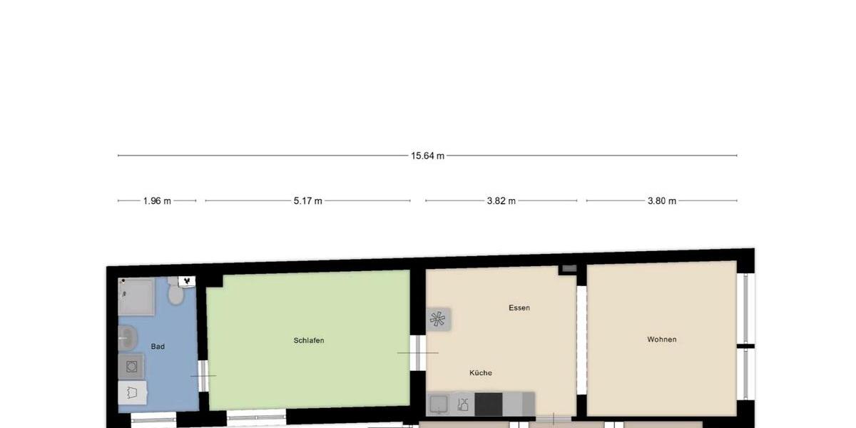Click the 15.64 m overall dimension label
[427, 156]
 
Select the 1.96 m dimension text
[157, 201]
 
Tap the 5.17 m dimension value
[307, 201]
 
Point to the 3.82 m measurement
[501, 201]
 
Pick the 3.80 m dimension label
[661, 201]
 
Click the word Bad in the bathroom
[158, 347]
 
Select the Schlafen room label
[309, 340]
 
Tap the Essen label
[519, 308]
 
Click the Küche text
[481, 373]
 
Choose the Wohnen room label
[662, 340]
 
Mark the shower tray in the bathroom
[136, 297]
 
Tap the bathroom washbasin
[128, 337]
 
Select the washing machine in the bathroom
[131, 367]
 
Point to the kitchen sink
[438, 404]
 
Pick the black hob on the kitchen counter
[489, 404]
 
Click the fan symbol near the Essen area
[437, 319]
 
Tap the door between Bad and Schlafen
[203, 375]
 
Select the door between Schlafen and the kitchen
[419, 352]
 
